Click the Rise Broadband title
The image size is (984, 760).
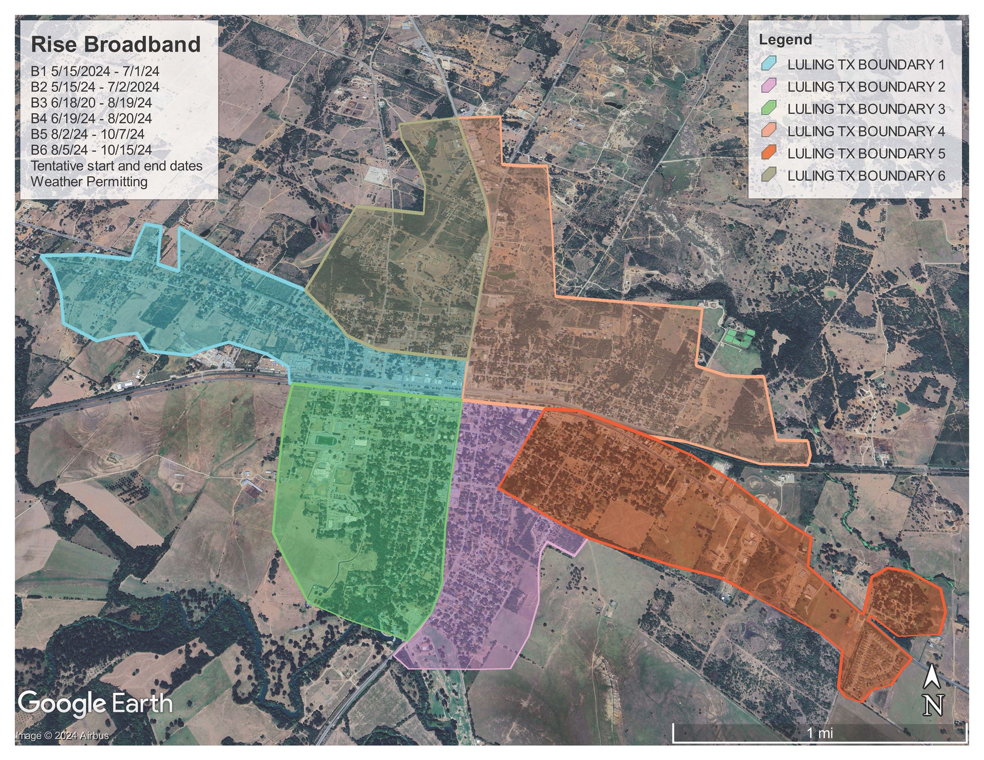click(x=115, y=45)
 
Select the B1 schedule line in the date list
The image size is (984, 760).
click(x=95, y=71)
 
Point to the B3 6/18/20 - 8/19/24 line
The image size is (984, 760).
click(x=91, y=103)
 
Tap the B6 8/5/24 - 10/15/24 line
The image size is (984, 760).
click(x=91, y=150)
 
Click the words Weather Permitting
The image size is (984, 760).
click(x=89, y=182)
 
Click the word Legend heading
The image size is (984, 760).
click(x=785, y=40)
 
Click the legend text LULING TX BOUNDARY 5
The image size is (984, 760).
click(x=866, y=153)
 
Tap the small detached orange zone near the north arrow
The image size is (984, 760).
click(x=906, y=602)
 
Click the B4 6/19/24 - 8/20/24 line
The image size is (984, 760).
click(x=91, y=118)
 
